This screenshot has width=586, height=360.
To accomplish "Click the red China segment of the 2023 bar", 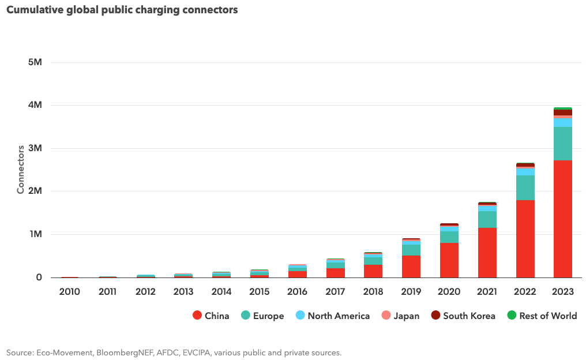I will click(x=562, y=219).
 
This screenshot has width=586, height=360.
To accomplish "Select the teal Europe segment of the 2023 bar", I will click(x=562, y=144).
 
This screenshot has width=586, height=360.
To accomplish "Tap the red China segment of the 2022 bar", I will click(x=525, y=239).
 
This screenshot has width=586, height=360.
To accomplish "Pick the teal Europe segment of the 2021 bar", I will click(x=487, y=219).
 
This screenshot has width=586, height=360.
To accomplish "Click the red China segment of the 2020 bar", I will click(x=449, y=260).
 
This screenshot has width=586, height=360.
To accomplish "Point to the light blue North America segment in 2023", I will click(x=562, y=123).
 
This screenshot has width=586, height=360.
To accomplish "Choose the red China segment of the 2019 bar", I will click(x=411, y=267).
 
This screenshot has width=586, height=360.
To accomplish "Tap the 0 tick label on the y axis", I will click(x=39, y=277).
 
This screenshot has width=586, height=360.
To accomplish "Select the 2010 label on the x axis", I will click(x=70, y=292).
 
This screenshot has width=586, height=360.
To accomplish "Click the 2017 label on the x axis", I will click(x=335, y=292).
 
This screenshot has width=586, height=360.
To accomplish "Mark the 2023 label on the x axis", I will click(x=562, y=292).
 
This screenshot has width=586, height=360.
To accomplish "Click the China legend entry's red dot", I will click(x=197, y=316).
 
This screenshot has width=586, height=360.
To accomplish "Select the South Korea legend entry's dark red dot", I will click(x=435, y=316).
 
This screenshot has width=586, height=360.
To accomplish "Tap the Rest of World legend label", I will click(x=548, y=316).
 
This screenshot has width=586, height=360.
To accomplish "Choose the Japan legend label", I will click(x=406, y=316).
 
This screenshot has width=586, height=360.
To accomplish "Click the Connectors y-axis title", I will click(x=21, y=170).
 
